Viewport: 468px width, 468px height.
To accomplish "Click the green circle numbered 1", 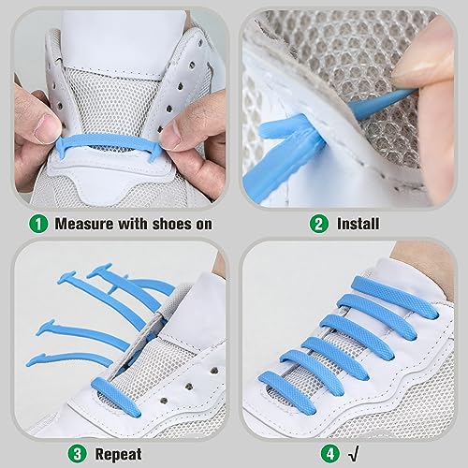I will click(x=38, y=224).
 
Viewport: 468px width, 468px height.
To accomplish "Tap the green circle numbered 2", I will click(x=321, y=224).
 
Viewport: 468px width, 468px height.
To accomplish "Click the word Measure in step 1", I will click(x=85, y=225).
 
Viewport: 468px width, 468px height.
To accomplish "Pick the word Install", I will click(x=359, y=225).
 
